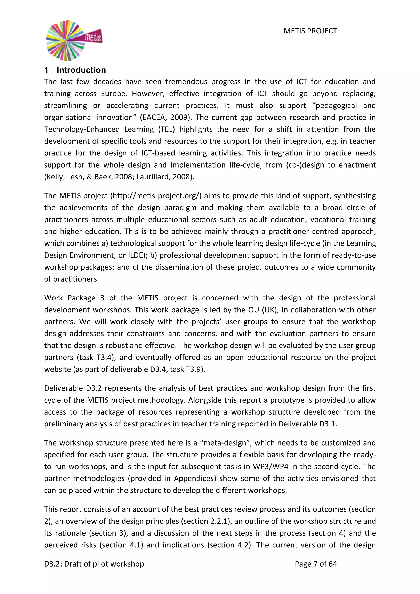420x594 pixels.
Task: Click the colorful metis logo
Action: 73,40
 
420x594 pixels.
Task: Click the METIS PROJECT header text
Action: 310,31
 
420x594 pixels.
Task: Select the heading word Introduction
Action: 81,70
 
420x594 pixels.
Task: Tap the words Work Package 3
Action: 74,298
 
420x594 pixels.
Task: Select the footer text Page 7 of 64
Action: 316,564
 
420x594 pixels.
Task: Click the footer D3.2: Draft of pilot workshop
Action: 94,564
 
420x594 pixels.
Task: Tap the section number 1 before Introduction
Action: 46,70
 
